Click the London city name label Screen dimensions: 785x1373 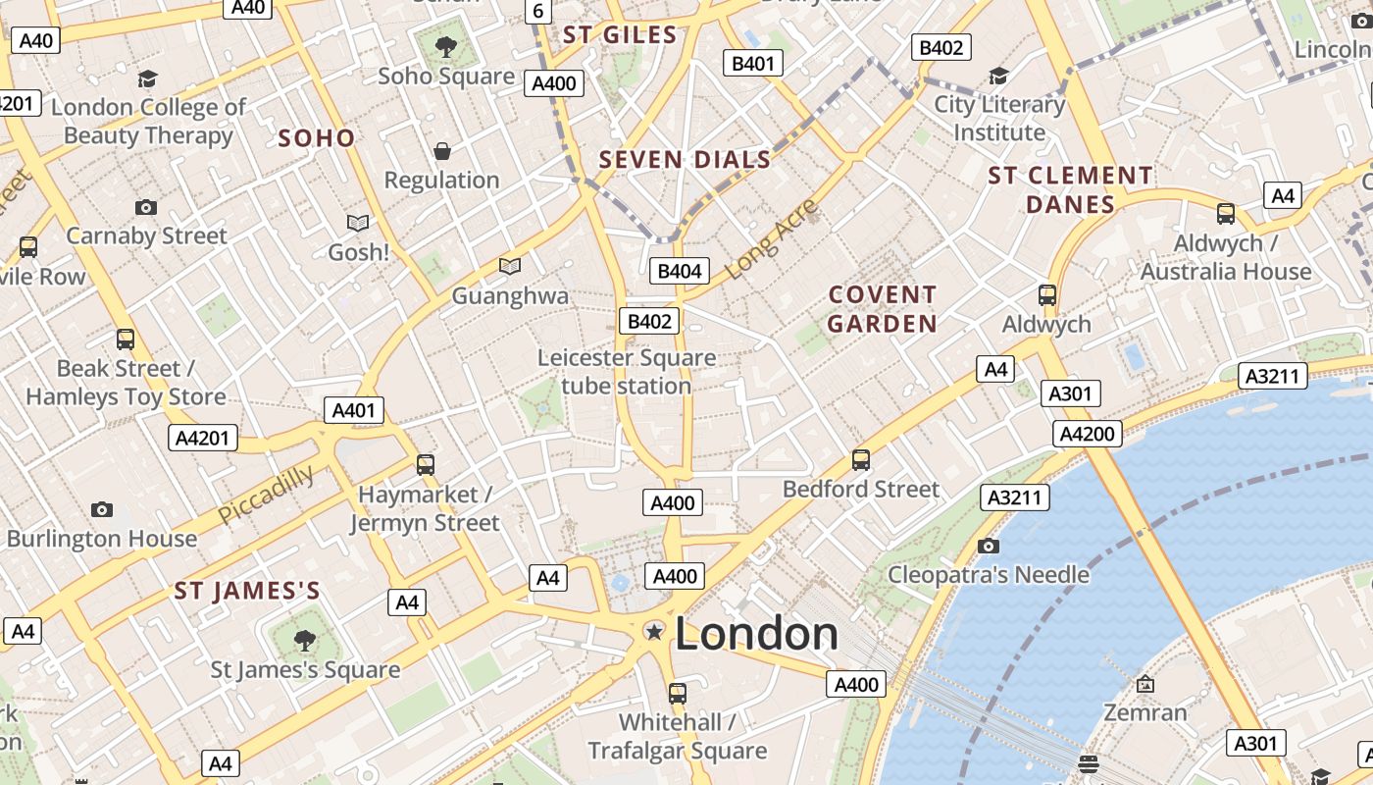coord(756,634)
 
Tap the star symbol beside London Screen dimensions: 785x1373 coord(654,633)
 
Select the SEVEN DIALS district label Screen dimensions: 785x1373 coord(685,159)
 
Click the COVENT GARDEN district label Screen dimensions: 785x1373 coord(883,309)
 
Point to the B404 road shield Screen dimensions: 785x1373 coord(679,272)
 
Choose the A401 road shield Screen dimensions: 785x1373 coord(354,410)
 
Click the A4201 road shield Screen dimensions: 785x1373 coord(204,438)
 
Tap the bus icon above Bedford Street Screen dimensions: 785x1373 coord(861,459)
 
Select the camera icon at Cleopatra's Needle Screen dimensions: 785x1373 coord(989,546)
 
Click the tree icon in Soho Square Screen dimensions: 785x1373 coord(446,45)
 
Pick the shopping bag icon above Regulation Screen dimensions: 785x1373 coord(442,151)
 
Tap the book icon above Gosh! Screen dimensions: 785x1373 coord(358,224)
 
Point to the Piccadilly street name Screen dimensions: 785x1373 coord(266,494)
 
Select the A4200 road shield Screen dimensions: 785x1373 coord(1089,434)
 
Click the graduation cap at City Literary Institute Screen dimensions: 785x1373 coord(998,77)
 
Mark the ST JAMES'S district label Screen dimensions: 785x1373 coord(247,591)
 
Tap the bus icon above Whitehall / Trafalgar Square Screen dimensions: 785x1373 coord(677,694)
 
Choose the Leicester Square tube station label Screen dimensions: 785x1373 coord(627,372)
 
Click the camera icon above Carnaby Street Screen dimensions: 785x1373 coord(146,207)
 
